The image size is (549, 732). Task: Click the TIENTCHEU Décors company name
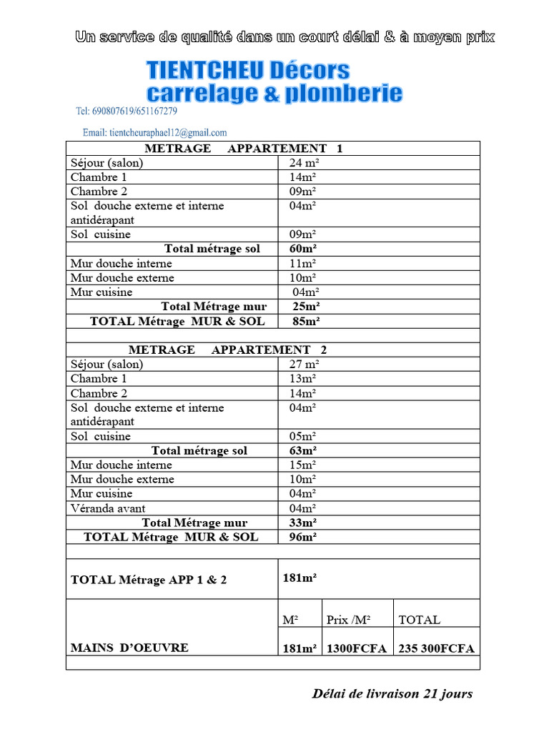pyautogui.click(x=248, y=70)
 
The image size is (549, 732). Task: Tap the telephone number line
pyautogui.click(x=126, y=112)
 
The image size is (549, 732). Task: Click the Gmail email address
pyautogui.click(x=154, y=132)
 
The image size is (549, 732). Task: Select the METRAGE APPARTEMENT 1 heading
pyautogui.click(x=244, y=148)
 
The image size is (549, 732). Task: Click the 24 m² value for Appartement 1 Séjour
pyautogui.click(x=304, y=163)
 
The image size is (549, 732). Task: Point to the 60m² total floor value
pyautogui.click(x=303, y=249)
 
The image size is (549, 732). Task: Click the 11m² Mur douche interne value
pyautogui.click(x=303, y=264)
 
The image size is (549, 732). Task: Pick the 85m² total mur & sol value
pyautogui.click(x=306, y=321)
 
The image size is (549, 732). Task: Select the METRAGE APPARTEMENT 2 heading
pyautogui.click(x=227, y=350)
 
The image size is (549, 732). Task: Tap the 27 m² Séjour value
pyautogui.click(x=304, y=365)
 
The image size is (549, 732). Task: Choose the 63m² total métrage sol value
pyautogui.click(x=303, y=450)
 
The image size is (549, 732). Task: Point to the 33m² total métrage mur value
pyautogui.click(x=303, y=523)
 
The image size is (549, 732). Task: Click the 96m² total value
pyautogui.click(x=303, y=537)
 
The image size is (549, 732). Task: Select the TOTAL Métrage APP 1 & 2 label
pyautogui.click(x=149, y=580)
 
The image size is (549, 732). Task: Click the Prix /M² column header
pyautogui.click(x=349, y=620)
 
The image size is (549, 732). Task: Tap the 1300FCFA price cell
pyautogui.click(x=356, y=648)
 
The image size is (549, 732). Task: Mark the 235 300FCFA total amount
pyautogui.click(x=436, y=648)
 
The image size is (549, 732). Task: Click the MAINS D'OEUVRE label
pyautogui.click(x=129, y=648)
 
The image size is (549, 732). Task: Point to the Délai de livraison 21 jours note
pyautogui.click(x=392, y=693)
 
